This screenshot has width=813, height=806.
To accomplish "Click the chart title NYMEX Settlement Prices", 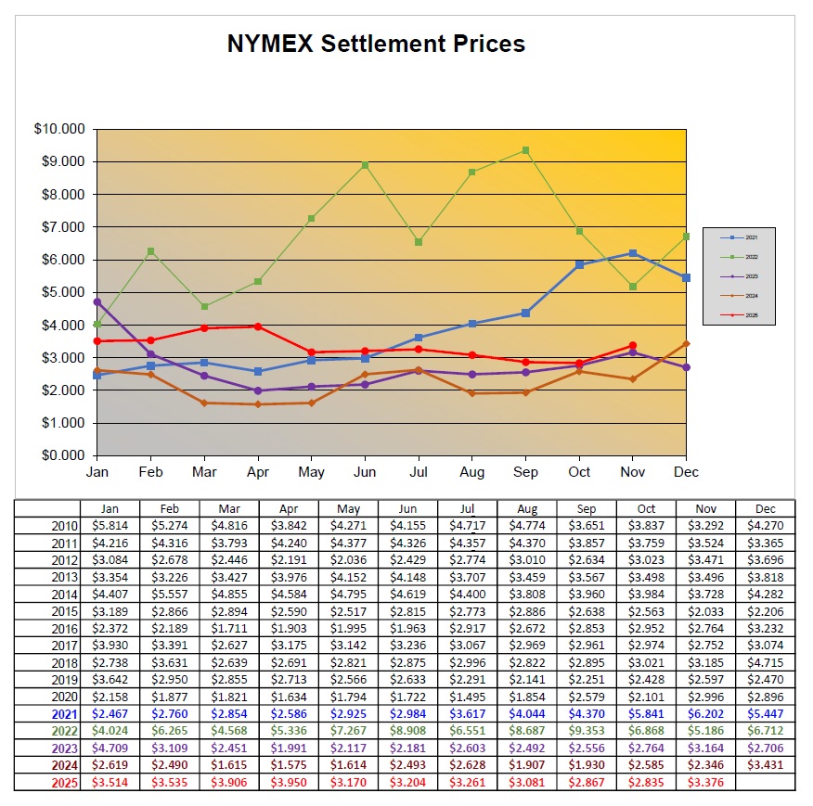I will click(376, 44).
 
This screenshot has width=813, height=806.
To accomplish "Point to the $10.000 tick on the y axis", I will click(58, 129).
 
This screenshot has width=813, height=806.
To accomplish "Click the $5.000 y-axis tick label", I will click(59, 292).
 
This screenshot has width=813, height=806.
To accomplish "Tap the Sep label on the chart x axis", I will click(526, 472).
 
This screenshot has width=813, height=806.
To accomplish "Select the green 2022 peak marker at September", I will click(526, 150).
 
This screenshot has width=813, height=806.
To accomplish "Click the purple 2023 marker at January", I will click(97, 301).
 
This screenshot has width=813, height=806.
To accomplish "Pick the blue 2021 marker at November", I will click(633, 253).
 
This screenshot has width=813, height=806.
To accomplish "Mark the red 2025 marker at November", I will click(633, 345).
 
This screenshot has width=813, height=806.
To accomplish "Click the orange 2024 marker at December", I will click(686, 343).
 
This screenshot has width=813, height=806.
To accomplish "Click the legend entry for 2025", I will click(739, 315).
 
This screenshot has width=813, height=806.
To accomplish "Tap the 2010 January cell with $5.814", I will click(110, 525).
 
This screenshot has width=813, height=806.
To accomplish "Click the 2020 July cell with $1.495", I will click(467, 697).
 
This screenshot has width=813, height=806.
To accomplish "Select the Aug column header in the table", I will click(527, 508).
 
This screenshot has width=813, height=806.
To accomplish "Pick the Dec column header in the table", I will click(765, 508).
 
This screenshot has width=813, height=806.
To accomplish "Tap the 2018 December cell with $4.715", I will click(765, 662).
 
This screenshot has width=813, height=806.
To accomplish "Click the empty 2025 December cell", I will click(765, 783).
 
